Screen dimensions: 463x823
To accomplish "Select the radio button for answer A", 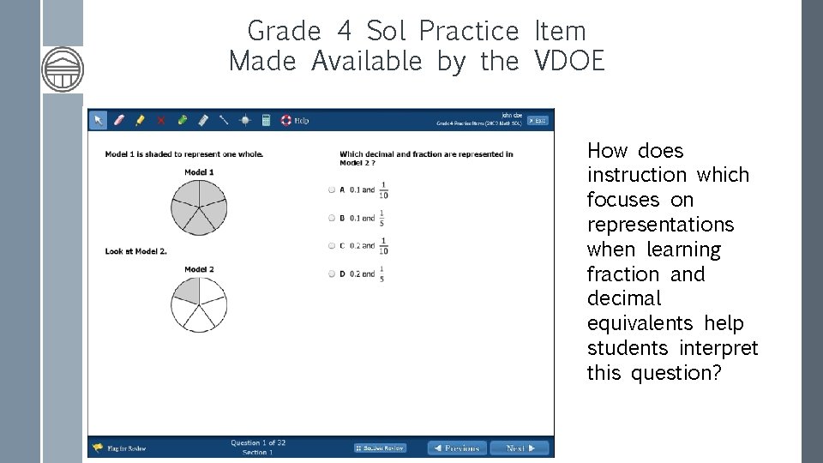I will (332, 189).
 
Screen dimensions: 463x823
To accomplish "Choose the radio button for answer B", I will (332, 218).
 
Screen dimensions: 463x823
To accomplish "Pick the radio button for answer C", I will (332, 246).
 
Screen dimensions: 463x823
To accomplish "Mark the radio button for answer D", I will (332, 274).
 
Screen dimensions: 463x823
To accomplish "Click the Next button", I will (520, 448).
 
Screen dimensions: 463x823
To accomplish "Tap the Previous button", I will (457, 448).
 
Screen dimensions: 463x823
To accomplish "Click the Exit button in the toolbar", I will (537, 120).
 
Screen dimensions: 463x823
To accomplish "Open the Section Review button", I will (380, 448).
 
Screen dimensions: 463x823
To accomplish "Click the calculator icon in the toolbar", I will (266, 120).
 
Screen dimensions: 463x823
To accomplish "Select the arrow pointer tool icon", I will (99, 120).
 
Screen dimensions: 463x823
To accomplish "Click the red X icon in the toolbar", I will (160, 120).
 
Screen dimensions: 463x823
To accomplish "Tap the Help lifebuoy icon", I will (286, 120).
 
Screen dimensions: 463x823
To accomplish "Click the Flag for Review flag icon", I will (98, 448).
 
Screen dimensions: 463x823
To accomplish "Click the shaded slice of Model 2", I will (188, 291).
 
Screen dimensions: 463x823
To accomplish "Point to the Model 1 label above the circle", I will (199, 172).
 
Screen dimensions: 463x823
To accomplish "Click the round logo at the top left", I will (63, 69).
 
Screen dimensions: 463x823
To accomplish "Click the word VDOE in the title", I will (569, 61).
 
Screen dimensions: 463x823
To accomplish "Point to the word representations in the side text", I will (660, 225).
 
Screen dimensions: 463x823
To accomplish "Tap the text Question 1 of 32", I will (258, 442).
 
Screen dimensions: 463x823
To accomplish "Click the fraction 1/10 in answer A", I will (383, 189).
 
